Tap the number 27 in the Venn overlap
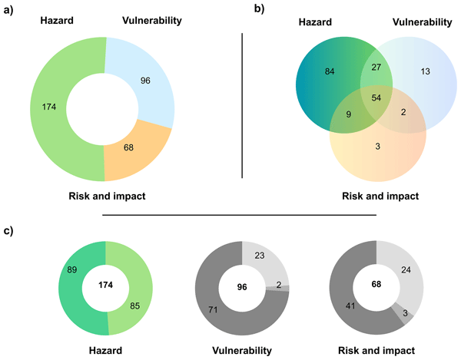(376, 67)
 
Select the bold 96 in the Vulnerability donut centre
(243, 286)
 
